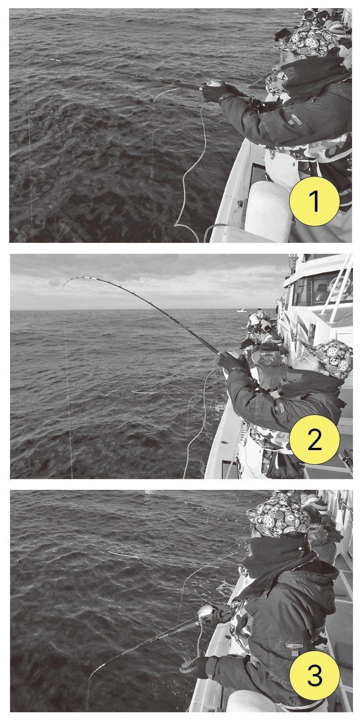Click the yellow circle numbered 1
[314, 201]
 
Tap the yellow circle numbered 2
[314, 439]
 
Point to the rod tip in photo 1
[30, 57]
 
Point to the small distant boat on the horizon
[241, 310]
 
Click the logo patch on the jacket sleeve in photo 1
[296, 117]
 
